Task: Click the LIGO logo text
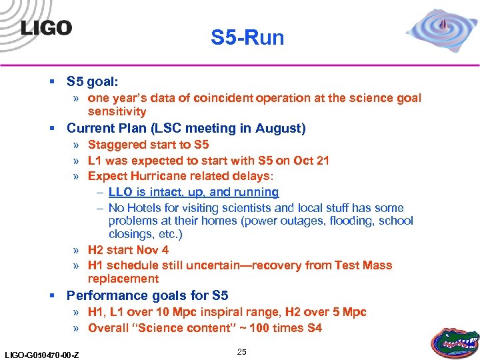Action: coord(46,28)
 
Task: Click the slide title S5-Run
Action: coord(247,38)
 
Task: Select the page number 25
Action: coord(241,351)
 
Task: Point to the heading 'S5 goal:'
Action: coord(93,81)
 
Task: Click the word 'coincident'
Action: coord(225,98)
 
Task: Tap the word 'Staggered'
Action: coord(117,145)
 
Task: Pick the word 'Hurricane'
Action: coord(159,176)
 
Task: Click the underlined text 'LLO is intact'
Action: coord(145,192)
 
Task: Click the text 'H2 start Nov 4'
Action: coord(128,250)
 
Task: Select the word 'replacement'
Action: coord(123,279)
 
